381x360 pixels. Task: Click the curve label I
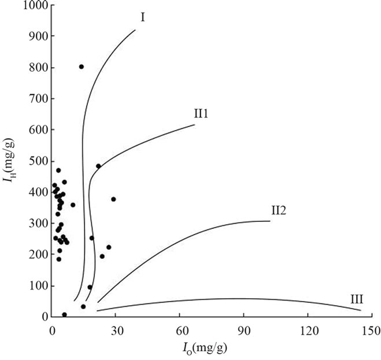pyautogui.click(x=142, y=17)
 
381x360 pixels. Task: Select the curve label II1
pyautogui.click(x=201, y=113)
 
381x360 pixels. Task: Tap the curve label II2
pyautogui.click(x=279, y=210)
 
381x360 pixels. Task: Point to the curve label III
pyautogui.click(x=357, y=299)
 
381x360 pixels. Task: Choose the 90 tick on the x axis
pyautogui.click(x=243, y=331)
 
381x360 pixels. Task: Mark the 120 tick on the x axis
pyautogui.click(x=308, y=331)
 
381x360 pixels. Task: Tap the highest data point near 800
pyautogui.click(x=82, y=67)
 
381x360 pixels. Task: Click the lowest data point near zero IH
pyautogui.click(x=64, y=315)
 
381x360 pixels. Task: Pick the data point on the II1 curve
pyautogui.click(x=98, y=166)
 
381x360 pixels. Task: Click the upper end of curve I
pyautogui.click(x=135, y=30)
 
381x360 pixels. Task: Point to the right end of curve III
pyautogui.click(x=361, y=310)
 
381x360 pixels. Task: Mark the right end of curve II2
pyautogui.click(x=270, y=221)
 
